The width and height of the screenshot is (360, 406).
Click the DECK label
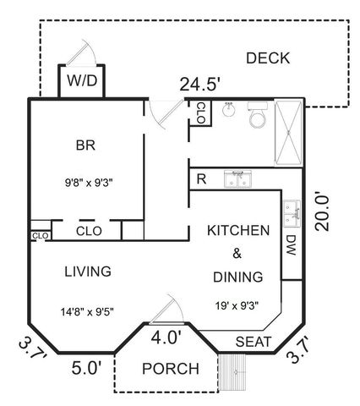(268, 58)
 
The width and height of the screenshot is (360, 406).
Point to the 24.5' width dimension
(200, 84)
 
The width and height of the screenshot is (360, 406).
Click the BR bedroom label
(85, 145)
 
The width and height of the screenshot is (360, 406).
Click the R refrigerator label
(201, 179)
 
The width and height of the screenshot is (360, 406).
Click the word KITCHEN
(238, 230)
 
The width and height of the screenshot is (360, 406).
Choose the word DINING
(238, 277)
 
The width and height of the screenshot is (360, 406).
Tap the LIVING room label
(89, 272)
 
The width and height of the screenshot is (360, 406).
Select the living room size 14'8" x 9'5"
(89, 310)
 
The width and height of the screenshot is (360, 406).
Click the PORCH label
(170, 369)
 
